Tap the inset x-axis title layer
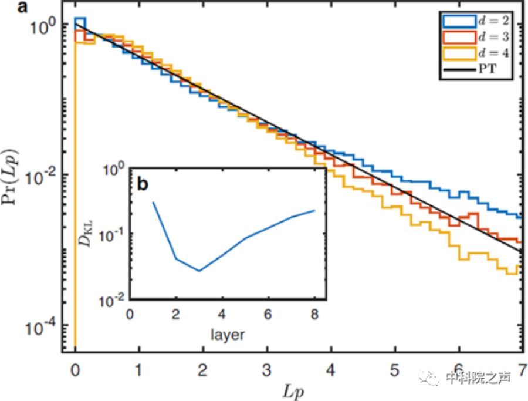click(225, 336)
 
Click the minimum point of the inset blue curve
click(199, 271)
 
